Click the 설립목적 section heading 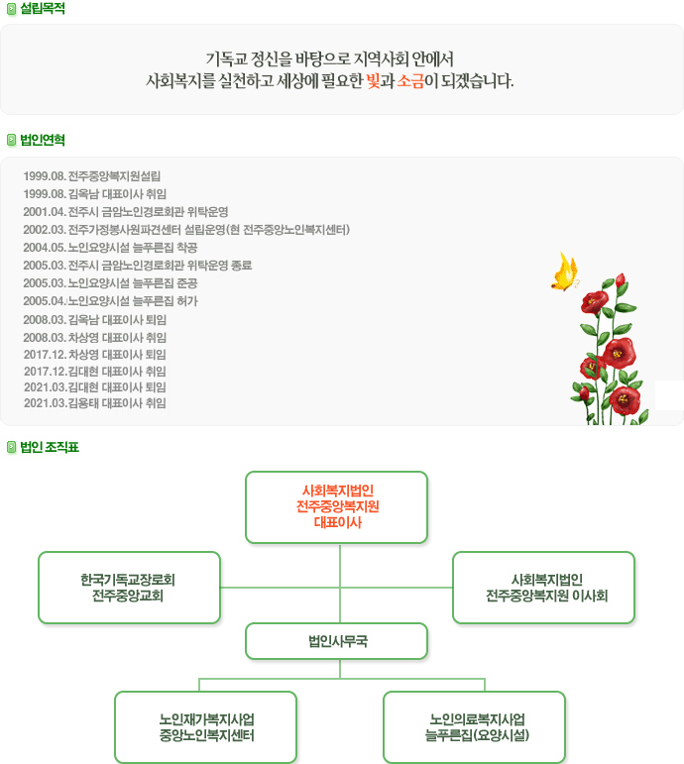pos(42,9)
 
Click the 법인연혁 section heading pos(42,140)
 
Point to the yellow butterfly pos(564,273)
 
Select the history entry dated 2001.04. pos(125,212)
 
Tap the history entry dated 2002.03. pos(185,230)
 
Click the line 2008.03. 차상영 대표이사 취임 pos(95,337)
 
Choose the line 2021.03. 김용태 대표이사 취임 pos(95,403)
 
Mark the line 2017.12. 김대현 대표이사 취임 pos(95,371)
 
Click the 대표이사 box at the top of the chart pos(336,507)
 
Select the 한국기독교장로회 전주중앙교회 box pos(129,588)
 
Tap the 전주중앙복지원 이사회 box pos(543,588)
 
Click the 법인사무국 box pos(336,641)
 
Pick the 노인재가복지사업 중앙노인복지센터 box pos(206,727)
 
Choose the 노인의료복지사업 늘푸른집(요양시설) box pos(474,727)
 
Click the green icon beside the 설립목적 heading pos(11,9)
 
